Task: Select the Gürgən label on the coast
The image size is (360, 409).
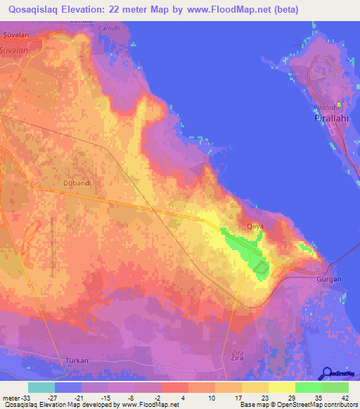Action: coord(329,279)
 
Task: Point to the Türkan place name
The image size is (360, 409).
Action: coord(76,361)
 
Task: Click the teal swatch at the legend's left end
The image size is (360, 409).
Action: coord(41,387)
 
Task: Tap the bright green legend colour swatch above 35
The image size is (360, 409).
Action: coord(308,387)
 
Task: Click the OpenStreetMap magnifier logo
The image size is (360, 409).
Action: coord(328,373)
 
